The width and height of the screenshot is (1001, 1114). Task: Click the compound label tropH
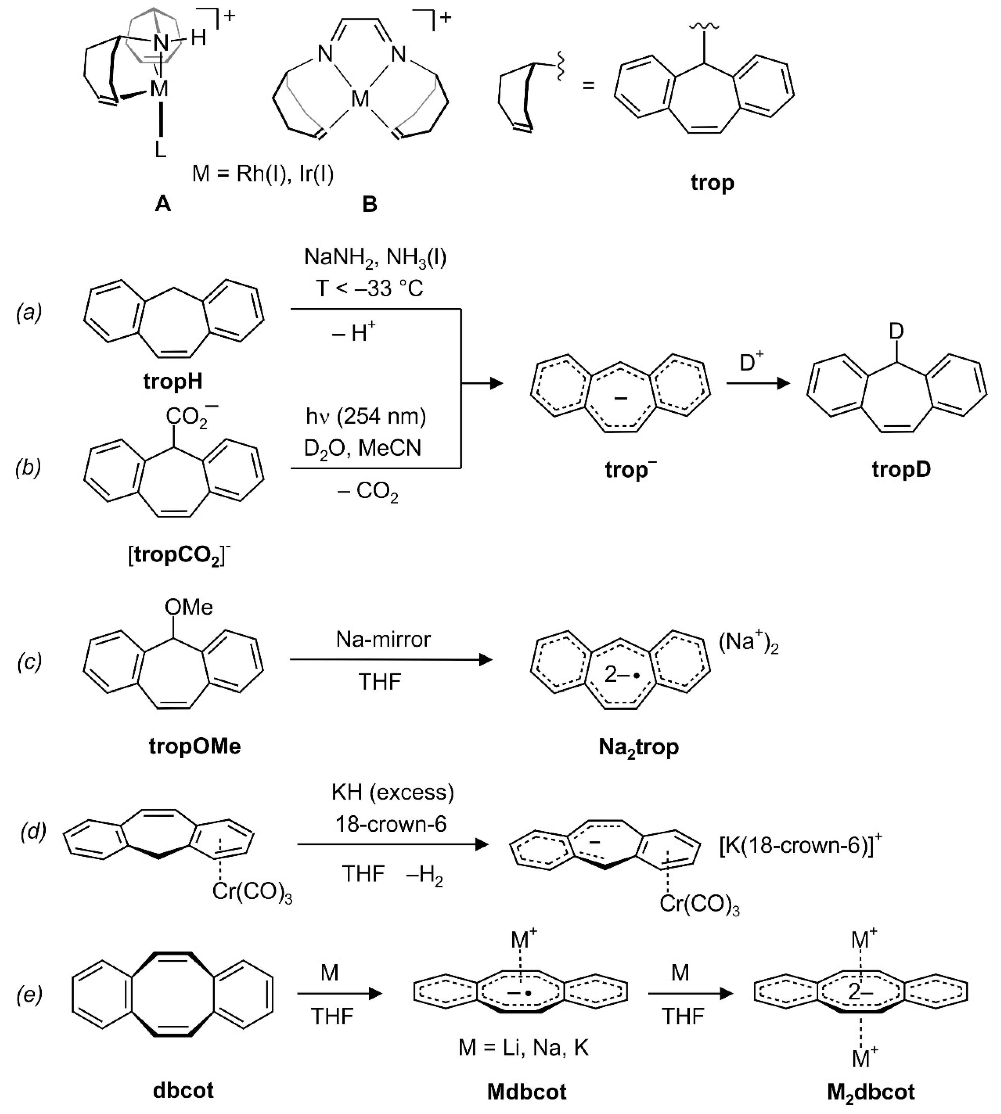coord(173,381)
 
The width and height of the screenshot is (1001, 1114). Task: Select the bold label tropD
coord(901,469)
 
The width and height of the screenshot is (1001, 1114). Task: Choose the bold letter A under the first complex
coord(163,204)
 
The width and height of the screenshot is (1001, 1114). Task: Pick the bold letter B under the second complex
coord(370,204)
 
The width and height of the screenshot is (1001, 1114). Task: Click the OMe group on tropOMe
coord(189,607)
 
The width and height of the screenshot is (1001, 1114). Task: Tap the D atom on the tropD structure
coord(896,331)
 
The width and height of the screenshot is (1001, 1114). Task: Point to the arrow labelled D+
coord(758,383)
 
